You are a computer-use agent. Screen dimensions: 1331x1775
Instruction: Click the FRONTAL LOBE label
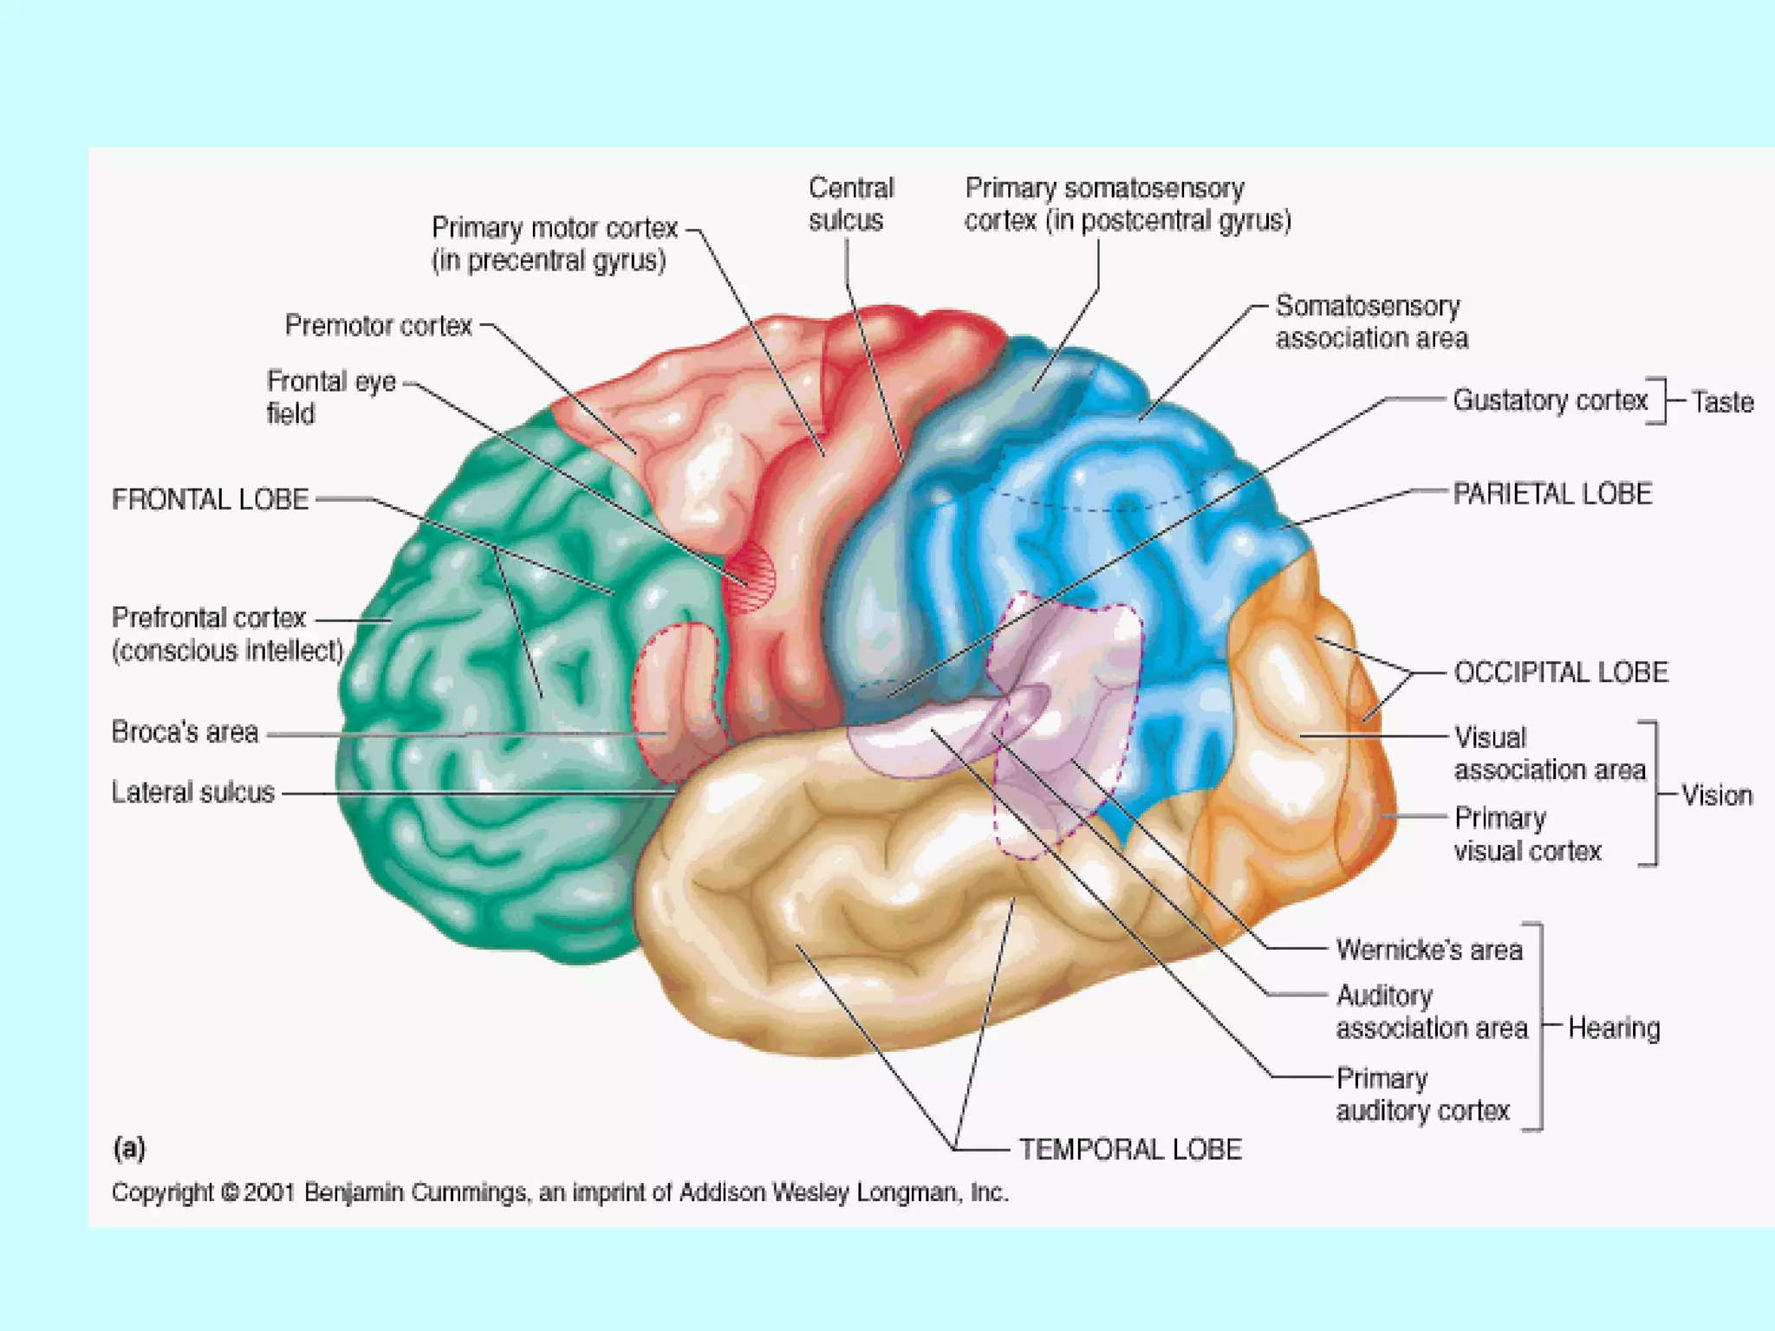211,500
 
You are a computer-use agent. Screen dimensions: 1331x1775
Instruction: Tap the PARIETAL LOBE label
1552,494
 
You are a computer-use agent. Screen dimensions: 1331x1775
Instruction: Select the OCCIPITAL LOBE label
1560,672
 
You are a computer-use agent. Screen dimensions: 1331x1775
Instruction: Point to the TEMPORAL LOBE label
1129,1149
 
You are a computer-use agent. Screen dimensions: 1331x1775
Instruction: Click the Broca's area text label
185,732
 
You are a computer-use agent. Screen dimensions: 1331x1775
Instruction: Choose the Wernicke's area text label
1428,950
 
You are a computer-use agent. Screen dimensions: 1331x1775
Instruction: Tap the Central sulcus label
849,205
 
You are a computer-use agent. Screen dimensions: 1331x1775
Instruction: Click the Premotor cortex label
379,326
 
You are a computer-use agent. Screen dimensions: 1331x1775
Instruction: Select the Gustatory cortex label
1550,400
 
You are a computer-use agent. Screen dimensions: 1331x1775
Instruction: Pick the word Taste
1722,402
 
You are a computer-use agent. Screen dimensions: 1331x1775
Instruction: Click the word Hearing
1614,1028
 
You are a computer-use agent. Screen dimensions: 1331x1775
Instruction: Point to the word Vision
1716,795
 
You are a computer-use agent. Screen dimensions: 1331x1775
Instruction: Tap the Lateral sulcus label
193,792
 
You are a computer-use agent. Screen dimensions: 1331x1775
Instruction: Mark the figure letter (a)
129,1148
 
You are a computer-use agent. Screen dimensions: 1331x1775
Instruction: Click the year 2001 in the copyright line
270,1192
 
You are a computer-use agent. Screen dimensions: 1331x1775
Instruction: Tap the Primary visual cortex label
1526,834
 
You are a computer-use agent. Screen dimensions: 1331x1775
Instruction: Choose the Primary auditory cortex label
1422,1094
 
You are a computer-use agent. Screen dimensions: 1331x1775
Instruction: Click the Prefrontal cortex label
227,634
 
